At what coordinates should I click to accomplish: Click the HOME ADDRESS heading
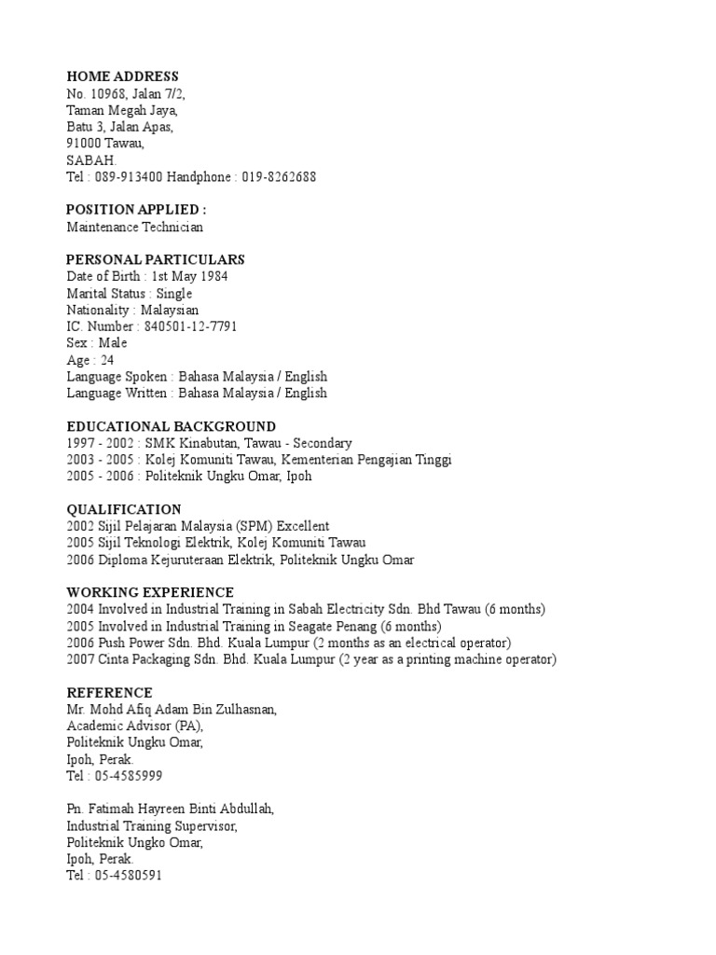(x=122, y=76)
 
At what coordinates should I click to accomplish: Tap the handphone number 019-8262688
(x=279, y=176)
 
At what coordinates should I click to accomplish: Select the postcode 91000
(x=85, y=144)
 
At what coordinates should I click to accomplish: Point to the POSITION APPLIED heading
(x=136, y=210)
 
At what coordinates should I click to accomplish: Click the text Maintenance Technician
(x=134, y=227)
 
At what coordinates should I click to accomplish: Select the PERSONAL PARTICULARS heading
(x=156, y=259)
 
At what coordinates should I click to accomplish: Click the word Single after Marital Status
(x=174, y=293)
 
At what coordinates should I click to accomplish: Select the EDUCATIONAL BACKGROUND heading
(x=171, y=426)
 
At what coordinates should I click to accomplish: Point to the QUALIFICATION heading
(x=124, y=509)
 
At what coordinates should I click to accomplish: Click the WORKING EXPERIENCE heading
(x=150, y=592)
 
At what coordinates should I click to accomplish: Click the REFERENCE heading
(x=109, y=692)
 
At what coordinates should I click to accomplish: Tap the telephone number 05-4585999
(x=132, y=776)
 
